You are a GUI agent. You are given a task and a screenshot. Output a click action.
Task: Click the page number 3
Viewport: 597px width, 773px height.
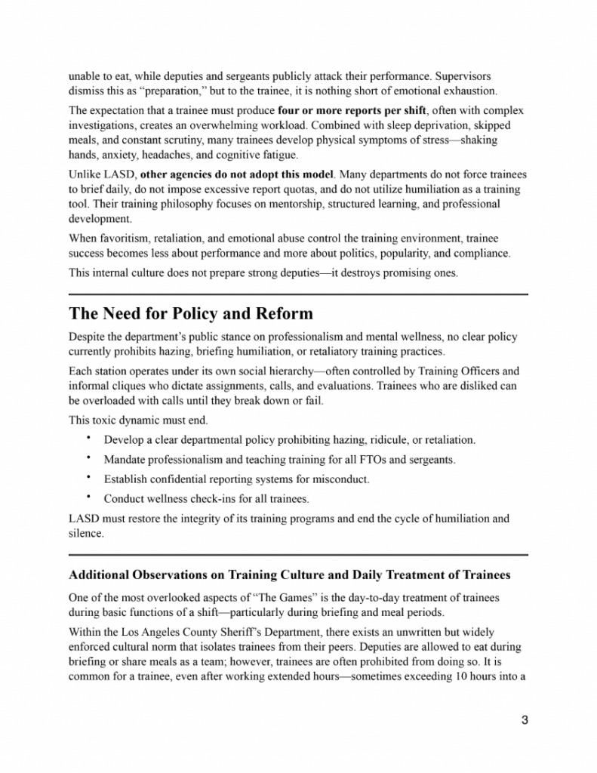click(524, 719)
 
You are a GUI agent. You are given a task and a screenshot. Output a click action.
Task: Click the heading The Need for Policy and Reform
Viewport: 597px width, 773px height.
click(190, 313)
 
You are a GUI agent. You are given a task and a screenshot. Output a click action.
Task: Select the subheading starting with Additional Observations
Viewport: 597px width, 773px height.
click(289, 575)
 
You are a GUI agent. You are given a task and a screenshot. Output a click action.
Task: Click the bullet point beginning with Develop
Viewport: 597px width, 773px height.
click(289, 439)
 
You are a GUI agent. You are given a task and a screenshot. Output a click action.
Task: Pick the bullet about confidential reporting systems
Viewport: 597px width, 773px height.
click(247, 479)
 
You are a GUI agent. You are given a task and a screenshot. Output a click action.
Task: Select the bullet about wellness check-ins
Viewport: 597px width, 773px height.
click(206, 498)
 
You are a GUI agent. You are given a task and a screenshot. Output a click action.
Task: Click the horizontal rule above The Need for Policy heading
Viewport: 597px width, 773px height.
click(298, 294)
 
